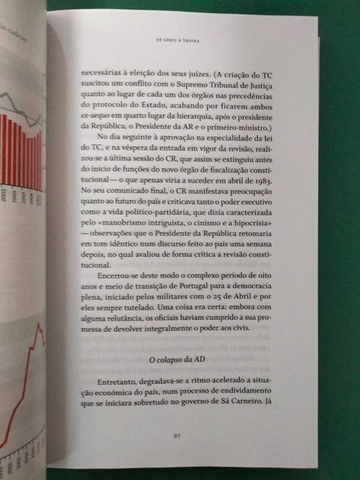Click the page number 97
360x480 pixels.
177,433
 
